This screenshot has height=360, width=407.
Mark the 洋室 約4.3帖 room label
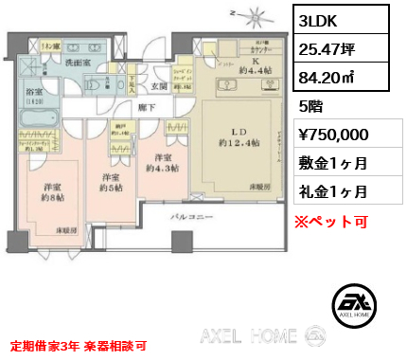pyautogui.click(x=160, y=163)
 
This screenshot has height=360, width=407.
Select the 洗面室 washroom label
pyautogui.click(x=77, y=61)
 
